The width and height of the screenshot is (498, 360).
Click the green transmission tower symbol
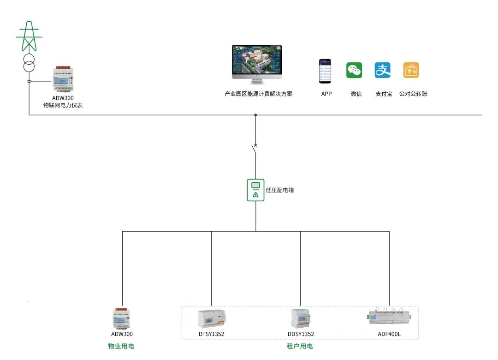point(30,36)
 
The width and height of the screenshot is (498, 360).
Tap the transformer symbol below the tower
point(30,63)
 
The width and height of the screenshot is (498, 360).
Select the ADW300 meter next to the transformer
point(63,80)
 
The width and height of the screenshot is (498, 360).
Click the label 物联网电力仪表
point(63,106)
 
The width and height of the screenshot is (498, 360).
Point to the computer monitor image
point(256,64)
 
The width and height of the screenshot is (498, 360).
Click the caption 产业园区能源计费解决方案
point(258,94)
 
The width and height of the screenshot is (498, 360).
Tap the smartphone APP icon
point(325,71)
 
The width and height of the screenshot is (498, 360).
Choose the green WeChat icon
point(354,70)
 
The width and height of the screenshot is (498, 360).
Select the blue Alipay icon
point(383,70)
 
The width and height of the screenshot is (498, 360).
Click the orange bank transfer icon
point(411,70)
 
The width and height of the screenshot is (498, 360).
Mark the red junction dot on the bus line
point(255,115)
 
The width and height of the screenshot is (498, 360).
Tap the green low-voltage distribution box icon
point(255,190)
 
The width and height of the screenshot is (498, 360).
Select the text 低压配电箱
point(280,190)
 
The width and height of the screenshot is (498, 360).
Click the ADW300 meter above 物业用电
point(122,318)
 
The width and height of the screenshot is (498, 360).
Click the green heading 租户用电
point(300,346)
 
